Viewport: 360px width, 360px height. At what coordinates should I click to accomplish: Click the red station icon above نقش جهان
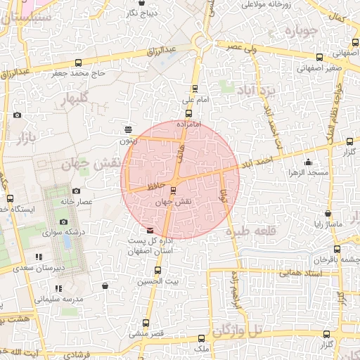(x=174, y=189)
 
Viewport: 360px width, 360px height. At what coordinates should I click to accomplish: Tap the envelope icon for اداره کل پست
(x=149, y=231)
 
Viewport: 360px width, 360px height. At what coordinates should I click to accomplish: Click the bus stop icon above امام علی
(x=196, y=89)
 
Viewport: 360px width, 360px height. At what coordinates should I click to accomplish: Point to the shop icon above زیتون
(x=127, y=129)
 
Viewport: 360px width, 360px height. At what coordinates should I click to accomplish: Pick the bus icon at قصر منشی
(x=146, y=323)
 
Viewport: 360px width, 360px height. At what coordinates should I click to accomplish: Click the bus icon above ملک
(x=201, y=338)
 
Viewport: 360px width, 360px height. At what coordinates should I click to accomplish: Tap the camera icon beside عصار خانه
(x=77, y=191)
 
